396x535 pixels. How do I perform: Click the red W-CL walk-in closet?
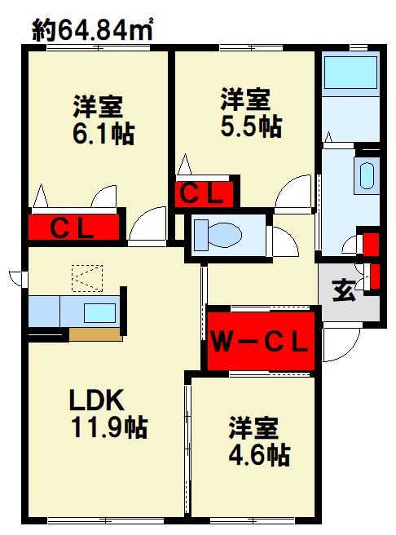(x=259, y=338)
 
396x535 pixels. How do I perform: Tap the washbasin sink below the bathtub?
(x=366, y=175)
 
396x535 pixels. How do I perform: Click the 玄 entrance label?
(x=343, y=290)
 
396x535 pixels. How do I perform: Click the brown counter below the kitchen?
(x=95, y=334)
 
